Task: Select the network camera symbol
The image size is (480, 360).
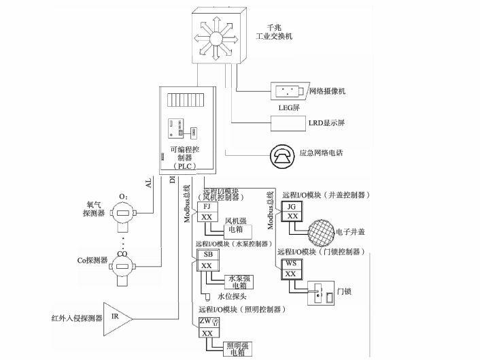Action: [x=288, y=91]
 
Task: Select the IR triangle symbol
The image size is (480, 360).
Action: [x=118, y=317]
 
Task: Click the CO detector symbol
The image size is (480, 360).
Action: [x=123, y=266]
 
